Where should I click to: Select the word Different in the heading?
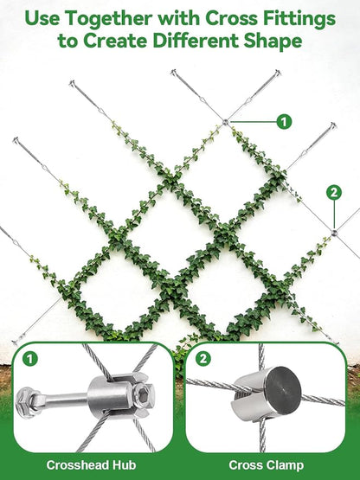click(x=196, y=41)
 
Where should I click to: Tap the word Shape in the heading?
click(x=273, y=42)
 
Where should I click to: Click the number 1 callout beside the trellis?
click(x=284, y=122)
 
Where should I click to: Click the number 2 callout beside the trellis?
click(x=334, y=193)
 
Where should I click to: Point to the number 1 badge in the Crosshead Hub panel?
click(x=30, y=359)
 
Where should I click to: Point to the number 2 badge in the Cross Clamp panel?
click(x=202, y=359)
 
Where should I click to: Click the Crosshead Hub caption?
click(x=92, y=465)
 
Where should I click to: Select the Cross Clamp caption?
click(x=266, y=465)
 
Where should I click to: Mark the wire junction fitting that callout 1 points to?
click(x=225, y=122)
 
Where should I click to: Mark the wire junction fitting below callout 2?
click(x=334, y=233)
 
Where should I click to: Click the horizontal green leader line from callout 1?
click(x=253, y=122)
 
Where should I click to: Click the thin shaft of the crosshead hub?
click(x=63, y=400)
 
